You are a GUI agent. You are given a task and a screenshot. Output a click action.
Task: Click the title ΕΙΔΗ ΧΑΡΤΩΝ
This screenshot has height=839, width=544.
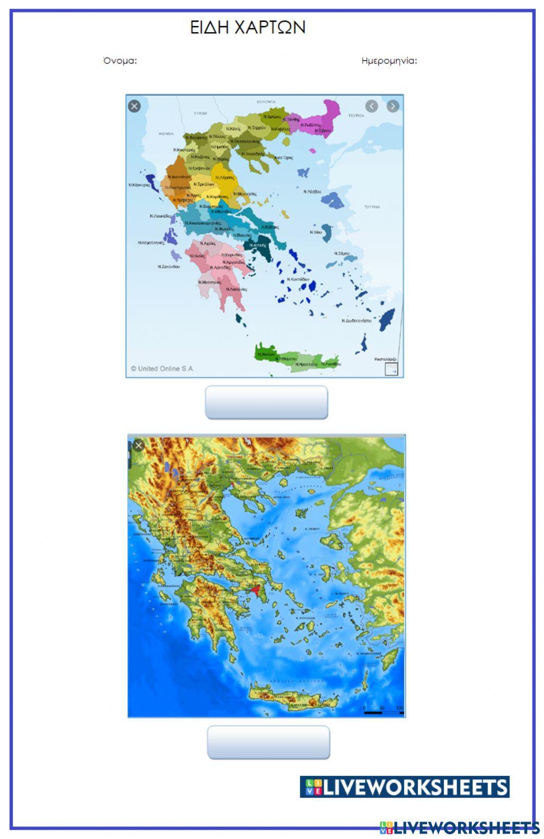248,27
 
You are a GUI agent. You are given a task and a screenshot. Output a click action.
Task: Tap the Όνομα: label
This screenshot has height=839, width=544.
120,60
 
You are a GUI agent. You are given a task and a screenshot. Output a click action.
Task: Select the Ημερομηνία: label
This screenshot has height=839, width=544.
389,60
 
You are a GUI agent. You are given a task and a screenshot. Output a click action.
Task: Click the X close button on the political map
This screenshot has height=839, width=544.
134,106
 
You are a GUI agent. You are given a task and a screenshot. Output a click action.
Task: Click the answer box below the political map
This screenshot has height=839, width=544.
266,403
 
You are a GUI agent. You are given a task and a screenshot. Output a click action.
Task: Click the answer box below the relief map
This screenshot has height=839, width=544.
268,742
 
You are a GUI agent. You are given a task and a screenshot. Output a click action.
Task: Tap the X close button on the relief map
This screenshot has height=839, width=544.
138,446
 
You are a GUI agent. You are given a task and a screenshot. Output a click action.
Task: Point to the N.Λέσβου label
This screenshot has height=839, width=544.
312,192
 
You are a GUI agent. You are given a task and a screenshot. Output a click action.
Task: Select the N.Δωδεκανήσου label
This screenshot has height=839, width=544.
356,320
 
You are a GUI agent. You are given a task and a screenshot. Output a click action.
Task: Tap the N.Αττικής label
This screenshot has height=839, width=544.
258,245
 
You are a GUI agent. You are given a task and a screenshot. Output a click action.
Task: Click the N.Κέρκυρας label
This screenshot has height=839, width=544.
139,185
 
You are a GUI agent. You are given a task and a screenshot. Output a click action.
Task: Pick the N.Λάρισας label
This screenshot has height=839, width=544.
225,177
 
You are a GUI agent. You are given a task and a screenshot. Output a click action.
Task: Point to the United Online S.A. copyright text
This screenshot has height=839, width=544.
162,368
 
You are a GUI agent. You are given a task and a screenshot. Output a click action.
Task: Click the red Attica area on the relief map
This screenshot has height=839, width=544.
256,589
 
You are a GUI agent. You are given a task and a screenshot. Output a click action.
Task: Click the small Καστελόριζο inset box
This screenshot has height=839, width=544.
391,369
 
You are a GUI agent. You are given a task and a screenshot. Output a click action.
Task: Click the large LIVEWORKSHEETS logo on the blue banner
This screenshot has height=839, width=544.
404,787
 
